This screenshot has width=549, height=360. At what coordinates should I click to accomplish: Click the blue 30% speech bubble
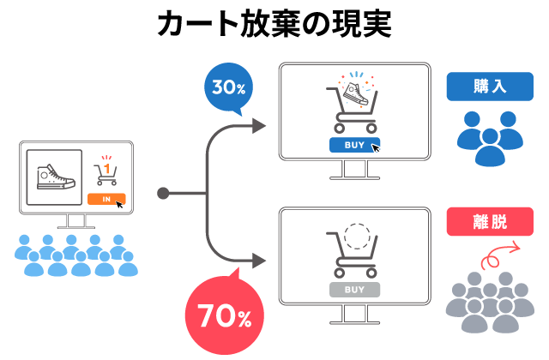click(x=228, y=87)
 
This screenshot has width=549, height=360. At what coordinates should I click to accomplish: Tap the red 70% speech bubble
click(x=225, y=315)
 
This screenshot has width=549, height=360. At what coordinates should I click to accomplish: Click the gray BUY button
click(x=354, y=290)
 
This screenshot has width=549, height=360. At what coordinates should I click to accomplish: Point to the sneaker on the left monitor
click(x=55, y=177)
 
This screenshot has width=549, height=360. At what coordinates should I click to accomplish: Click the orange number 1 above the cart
click(x=106, y=171)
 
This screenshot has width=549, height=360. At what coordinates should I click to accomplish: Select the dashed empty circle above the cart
click(x=358, y=235)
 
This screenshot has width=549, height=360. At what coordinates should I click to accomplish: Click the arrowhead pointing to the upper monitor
click(x=259, y=125)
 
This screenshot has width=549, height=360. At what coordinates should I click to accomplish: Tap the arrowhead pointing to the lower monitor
click(x=259, y=260)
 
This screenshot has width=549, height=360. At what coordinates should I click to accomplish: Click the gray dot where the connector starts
click(x=163, y=193)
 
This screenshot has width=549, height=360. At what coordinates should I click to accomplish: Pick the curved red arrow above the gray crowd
click(x=501, y=255)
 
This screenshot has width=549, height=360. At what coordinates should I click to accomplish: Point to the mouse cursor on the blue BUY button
click(x=376, y=147)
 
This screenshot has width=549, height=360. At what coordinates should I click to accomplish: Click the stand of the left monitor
click(x=75, y=221)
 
